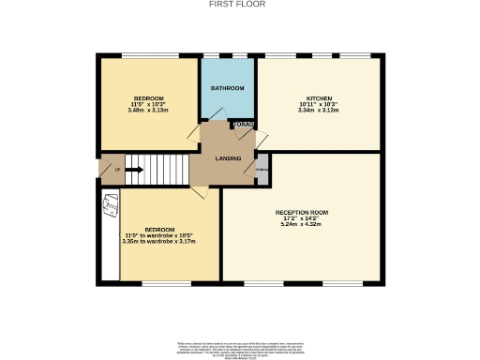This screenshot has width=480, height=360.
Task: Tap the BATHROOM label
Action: click(227, 88)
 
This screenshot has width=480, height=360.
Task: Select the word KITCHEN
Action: click(318, 98)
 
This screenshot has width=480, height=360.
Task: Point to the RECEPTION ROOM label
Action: click(301, 213)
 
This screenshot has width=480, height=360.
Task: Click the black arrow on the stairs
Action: click(133, 170)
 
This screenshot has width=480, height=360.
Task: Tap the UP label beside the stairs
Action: click(117, 170)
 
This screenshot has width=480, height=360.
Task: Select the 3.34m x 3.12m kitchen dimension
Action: click(318, 110)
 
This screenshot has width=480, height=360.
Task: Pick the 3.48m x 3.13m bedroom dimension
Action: click(148, 110)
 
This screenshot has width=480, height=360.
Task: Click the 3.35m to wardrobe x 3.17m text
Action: click(158, 241)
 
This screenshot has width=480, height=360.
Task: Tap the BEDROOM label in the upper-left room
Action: click(148, 98)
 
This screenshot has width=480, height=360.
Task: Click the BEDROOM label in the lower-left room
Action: click(158, 230)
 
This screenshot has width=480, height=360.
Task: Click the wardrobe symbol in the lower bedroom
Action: click(109, 202)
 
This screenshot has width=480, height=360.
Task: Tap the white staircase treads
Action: click(164, 170)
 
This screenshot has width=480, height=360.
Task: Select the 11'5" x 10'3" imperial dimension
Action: click(148, 104)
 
